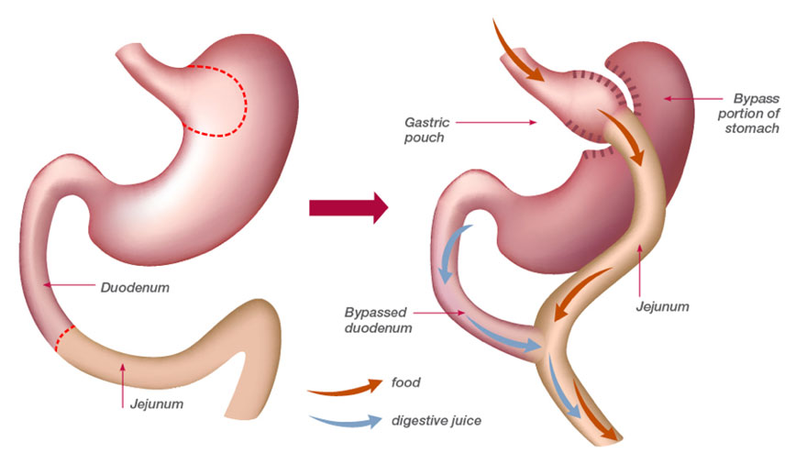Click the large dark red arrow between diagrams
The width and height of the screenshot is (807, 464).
point(348,209)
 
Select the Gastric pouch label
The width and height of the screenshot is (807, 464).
point(425,129)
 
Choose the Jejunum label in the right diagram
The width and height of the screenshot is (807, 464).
point(663,305)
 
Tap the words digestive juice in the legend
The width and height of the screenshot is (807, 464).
point(436,421)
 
